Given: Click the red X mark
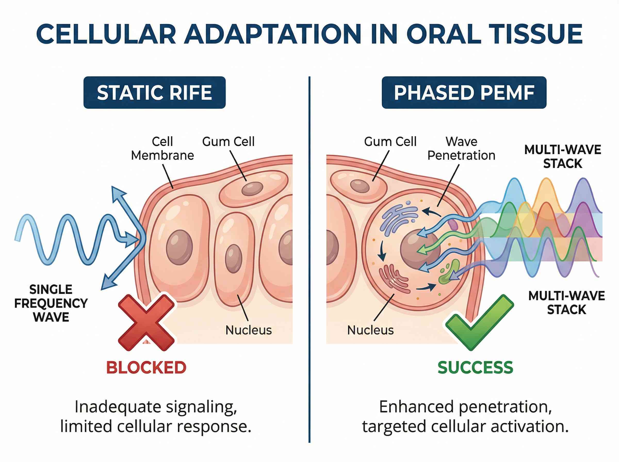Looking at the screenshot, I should tap(146, 322).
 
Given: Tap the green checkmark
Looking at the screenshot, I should tap(479, 321).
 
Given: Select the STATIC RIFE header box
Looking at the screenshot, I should tap(154, 93).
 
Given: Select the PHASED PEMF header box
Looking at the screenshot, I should tap(464, 93).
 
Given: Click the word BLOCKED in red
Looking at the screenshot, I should tap(146, 367).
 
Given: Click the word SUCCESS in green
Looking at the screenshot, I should tap(475, 367).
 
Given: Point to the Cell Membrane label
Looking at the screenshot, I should tap(162, 148).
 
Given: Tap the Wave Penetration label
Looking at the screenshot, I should tap(461, 148).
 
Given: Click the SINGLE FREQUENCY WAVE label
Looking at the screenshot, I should tap(51, 303).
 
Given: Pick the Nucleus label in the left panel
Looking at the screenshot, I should tap(248, 330).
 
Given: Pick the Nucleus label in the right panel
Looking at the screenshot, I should tap(370, 330).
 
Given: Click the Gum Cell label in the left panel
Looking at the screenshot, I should tap(228, 142).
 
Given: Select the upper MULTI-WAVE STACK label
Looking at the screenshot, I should tap(563, 156).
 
